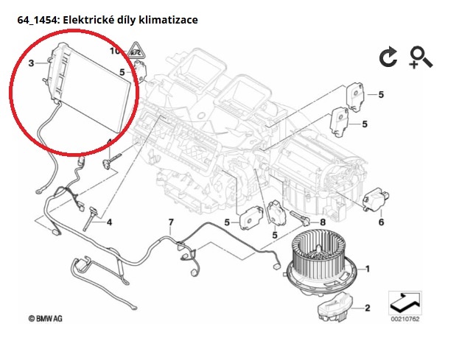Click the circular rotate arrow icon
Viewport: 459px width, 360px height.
tap(388, 58)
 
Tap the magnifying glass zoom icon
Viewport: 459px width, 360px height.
tap(420, 57)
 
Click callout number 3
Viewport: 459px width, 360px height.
tap(31, 65)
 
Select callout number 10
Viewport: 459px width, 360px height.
tap(114, 52)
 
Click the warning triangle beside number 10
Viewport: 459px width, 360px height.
tap(136, 51)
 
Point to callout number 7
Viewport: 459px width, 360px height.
tap(170, 222)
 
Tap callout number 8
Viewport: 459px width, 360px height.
tap(321, 222)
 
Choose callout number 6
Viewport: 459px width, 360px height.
tap(381, 222)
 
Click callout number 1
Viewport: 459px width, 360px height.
tap(368, 269)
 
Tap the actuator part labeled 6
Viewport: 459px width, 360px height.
tap(376, 200)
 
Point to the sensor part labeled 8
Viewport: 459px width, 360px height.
tap(302, 219)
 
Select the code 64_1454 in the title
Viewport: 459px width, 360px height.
tap(38, 21)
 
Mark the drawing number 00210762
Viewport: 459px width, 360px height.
tap(404, 319)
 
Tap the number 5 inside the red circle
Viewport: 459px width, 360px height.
tap(122, 72)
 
